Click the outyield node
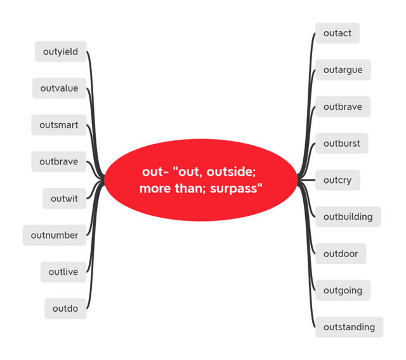click(61, 51)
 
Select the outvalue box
click(59, 88)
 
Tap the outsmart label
click(59, 125)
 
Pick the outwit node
click(65, 199)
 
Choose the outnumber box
click(55, 236)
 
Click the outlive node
click(63, 272)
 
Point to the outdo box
click(65, 309)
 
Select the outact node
click(337, 33)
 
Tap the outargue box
click(343, 70)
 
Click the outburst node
click(342, 143)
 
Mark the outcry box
click(337, 180)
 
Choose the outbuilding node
click(348, 217)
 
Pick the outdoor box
click(341, 253)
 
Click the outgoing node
click(343, 290)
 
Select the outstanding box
click(350, 327)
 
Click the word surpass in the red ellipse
click(234, 189)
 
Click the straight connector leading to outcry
click(306, 180)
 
